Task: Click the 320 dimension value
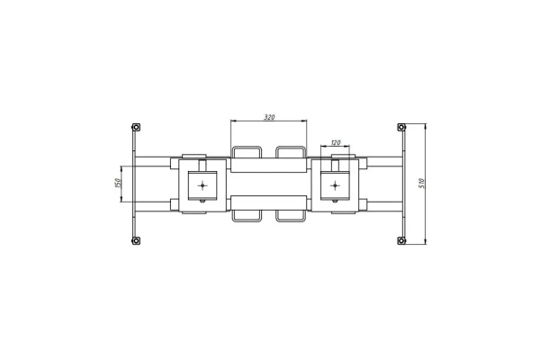pyautogui.click(x=269, y=117)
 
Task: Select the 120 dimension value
pyautogui.click(x=336, y=142)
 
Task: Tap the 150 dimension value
pyautogui.click(x=117, y=183)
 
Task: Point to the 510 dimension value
pyautogui.click(x=421, y=184)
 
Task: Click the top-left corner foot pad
pyautogui.click(x=136, y=127)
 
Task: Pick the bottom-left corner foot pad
pyautogui.click(x=136, y=240)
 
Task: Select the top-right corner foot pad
pyautogui.click(x=401, y=127)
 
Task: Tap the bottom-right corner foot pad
pyautogui.click(x=401, y=240)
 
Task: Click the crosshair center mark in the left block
pyautogui.click(x=202, y=186)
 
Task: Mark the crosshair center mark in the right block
pyautogui.click(x=335, y=186)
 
